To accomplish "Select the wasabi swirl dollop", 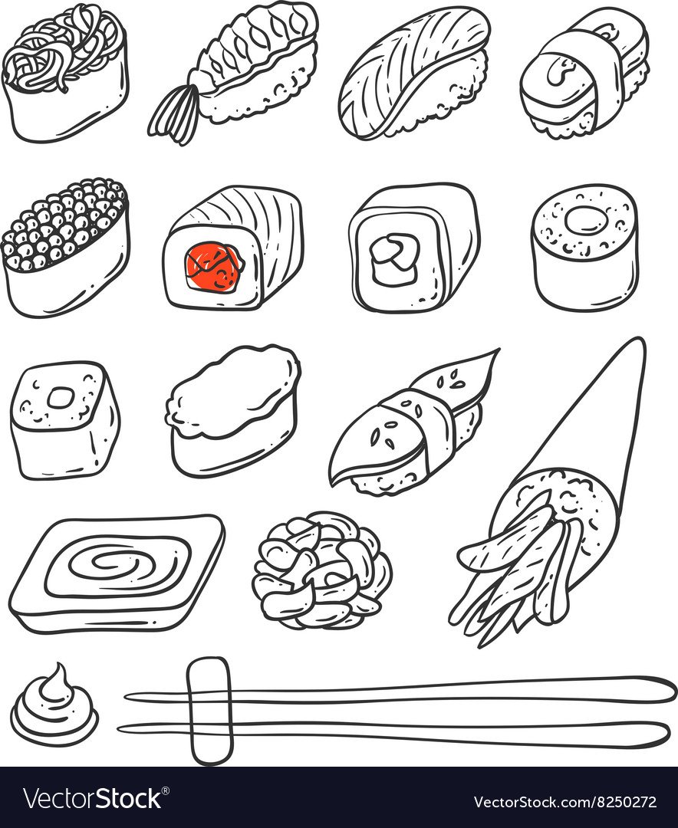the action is pyautogui.click(x=54, y=705).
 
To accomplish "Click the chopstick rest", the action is pyautogui.click(x=210, y=710).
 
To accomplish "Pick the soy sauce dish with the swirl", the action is pyautogui.click(x=117, y=572).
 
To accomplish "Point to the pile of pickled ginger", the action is pyautogui.click(x=322, y=570).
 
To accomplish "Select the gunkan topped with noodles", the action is pyautogui.click(x=65, y=72).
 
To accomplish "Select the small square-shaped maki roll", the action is pyautogui.click(x=64, y=419).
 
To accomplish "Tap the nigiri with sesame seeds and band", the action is pyautogui.click(x=412, y=422).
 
